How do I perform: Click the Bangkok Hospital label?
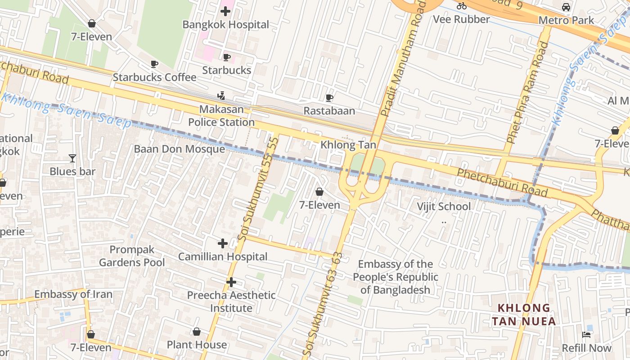coord(225,25)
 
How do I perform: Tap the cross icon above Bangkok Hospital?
coord(225,11)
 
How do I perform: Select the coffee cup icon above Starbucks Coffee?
coord(154,64)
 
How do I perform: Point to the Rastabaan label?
coord(329,111)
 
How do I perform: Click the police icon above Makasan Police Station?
coord(221,95)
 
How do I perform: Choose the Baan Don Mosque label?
coord(179,149)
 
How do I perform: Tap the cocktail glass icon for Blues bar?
coord(72,158)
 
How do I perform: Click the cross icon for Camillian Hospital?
coord(222,243)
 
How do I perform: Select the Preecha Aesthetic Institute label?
coord(231,301)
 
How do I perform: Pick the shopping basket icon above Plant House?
coord(197,332)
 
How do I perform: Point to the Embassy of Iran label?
coord(73,294)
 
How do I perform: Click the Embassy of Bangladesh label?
coord(396,277)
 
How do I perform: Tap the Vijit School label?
coord(444,207)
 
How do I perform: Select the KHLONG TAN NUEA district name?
coord(524,315)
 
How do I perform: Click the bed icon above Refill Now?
coord(586,334)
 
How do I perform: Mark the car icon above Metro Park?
coord(566,7)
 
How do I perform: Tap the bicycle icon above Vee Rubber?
coord(461,6)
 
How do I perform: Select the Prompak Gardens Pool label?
coord(132,256)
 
